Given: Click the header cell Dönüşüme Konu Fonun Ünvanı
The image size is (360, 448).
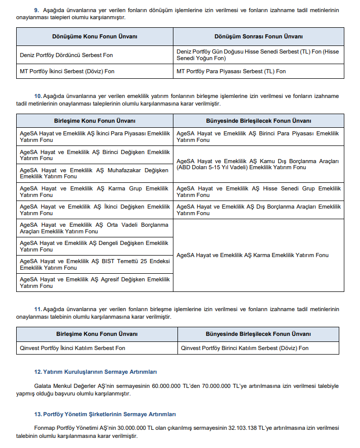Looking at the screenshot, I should point(95,36).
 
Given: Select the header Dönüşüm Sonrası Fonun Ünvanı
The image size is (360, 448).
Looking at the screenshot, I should point(258,36).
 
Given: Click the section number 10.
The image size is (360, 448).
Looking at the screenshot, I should point(37,96).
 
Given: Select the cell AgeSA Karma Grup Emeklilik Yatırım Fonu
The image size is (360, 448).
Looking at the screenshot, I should point(95,191).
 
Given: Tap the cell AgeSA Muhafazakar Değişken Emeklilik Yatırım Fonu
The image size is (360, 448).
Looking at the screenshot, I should point(95,173).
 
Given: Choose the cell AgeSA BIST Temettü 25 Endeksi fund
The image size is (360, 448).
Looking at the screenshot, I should point(95,264).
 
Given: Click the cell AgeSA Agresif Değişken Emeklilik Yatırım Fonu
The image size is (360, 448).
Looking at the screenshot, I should point(95,282).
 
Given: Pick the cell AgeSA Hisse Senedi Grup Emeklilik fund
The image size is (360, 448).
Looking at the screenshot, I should point(258,191).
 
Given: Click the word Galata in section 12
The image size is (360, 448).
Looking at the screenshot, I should point(42,386).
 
